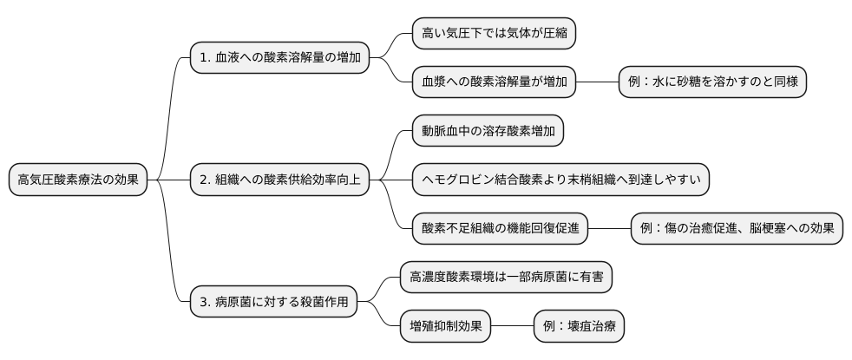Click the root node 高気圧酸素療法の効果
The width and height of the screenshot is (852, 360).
[x=78, y=180]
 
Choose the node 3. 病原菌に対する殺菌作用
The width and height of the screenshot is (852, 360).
[x=273, y=302]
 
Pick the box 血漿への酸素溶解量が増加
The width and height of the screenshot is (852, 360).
[x=494, y=82]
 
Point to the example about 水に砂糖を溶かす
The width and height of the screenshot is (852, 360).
[x=712, y=82]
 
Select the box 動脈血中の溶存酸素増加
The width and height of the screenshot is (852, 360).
[x=487, y=132]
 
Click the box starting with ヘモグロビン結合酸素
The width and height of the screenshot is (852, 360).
[x=560, y=180]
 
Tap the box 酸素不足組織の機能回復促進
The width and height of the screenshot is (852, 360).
[x=500, y=229]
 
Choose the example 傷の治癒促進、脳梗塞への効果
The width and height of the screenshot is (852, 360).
[x=737, y=229]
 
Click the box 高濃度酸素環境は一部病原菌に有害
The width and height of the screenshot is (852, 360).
[x=506, y=278]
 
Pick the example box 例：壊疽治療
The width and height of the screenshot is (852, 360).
[x=579, y=327]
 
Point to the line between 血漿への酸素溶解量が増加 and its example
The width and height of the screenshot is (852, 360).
[x=597, y=82]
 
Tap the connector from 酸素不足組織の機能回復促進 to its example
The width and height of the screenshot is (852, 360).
[x=609, y=229]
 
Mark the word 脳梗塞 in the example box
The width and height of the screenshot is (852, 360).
[x=766, y=229]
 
